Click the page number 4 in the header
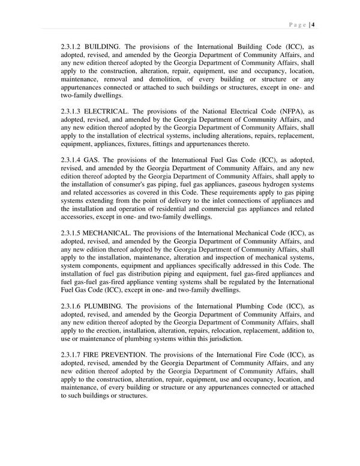coord(314,24)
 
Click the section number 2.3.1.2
coord(72,46)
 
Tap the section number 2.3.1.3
coord(72,112)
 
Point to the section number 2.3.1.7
coord(72,355)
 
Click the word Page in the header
coord(297,24)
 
